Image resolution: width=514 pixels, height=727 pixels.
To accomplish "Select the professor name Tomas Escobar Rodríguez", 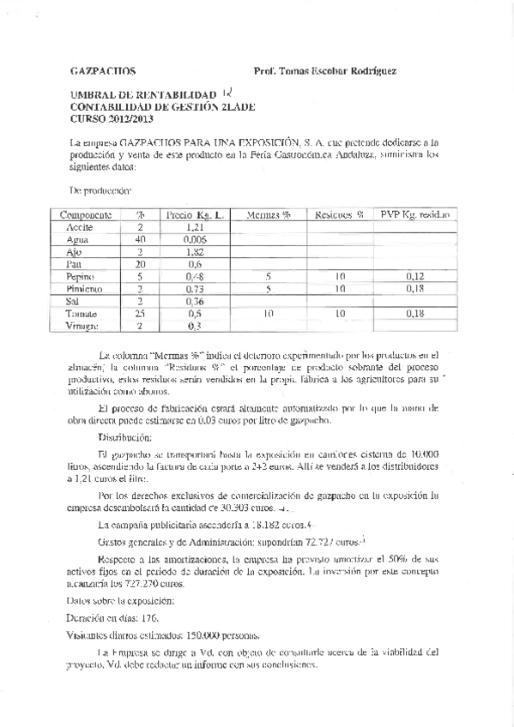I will click(326, 73).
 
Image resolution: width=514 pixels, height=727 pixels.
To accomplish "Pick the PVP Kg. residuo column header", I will click(416, 214).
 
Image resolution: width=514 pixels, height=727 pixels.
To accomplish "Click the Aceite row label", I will click(81, 227).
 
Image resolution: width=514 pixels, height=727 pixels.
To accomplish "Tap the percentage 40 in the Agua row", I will click(140, 240).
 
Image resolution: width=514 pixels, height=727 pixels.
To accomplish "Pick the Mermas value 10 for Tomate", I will click(269, 315).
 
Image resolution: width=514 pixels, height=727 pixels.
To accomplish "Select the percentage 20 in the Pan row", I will click(140, 265).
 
